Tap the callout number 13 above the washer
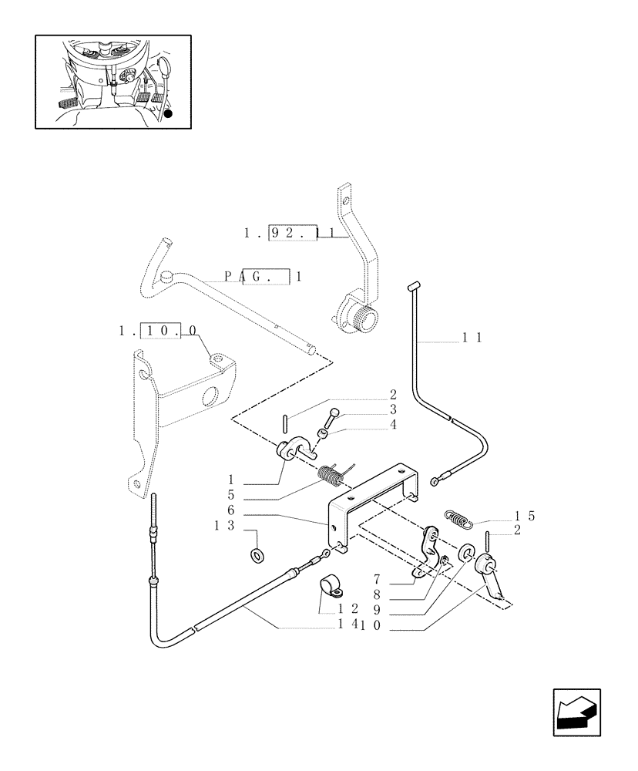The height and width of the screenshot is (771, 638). pyautogui.click(x=228, y=526)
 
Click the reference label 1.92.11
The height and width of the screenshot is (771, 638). pyautogui.click(x=292, y=231)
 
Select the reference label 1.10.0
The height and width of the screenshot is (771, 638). pyautogui.click(x=158, y=330)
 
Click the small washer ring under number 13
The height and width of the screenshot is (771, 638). pyautogui.click(x=256, y=554)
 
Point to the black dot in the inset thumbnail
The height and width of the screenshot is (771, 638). pyautogui.click(x=169, y=113)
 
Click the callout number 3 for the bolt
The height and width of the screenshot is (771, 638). pyautogui.click(x=393, y=409)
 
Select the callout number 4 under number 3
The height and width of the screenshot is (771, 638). pyautogui.click(x=393, y=423)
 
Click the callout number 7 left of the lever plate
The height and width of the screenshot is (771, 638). pyautogui.click(x=378, y=578)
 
